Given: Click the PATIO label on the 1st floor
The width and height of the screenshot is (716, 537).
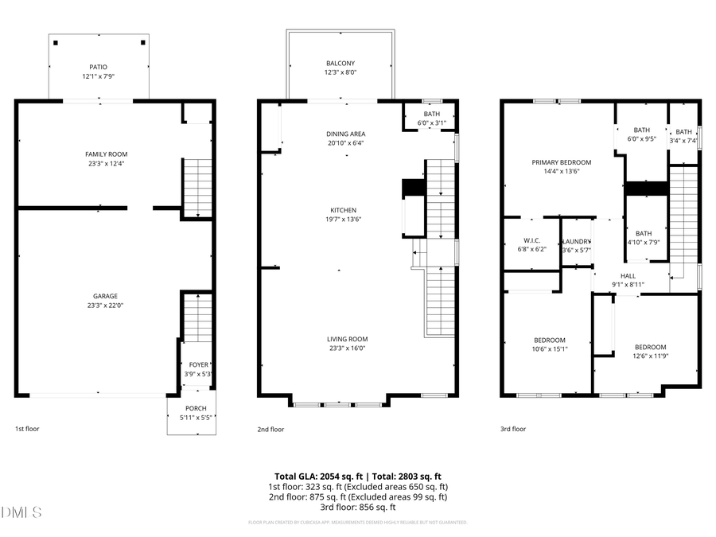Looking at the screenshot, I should (99, 67).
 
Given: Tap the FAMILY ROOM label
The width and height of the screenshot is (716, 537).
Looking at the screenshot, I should (107, 154).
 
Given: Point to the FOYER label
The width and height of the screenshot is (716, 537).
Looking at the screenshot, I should (198, 364).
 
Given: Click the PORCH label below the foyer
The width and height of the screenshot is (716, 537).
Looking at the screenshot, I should (196, 408).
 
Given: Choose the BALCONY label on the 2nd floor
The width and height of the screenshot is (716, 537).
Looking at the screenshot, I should (340, 63).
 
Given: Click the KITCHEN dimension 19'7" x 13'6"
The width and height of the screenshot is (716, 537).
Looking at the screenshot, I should (344, 220).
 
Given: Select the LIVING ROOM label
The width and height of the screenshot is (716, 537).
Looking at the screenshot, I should (347, 339).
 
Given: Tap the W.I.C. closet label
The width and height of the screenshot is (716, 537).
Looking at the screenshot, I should (531, 240).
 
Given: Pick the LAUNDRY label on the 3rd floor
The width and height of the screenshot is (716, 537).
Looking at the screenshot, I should (577, 241).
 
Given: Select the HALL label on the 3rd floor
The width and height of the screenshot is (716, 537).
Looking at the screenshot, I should (628, 275).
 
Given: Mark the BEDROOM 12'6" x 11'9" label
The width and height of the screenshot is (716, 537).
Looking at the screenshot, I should (650, 347).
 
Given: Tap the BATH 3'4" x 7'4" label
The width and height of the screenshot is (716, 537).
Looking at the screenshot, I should (684, 131).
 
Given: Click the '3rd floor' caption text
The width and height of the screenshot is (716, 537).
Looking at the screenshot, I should (513, 429).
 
